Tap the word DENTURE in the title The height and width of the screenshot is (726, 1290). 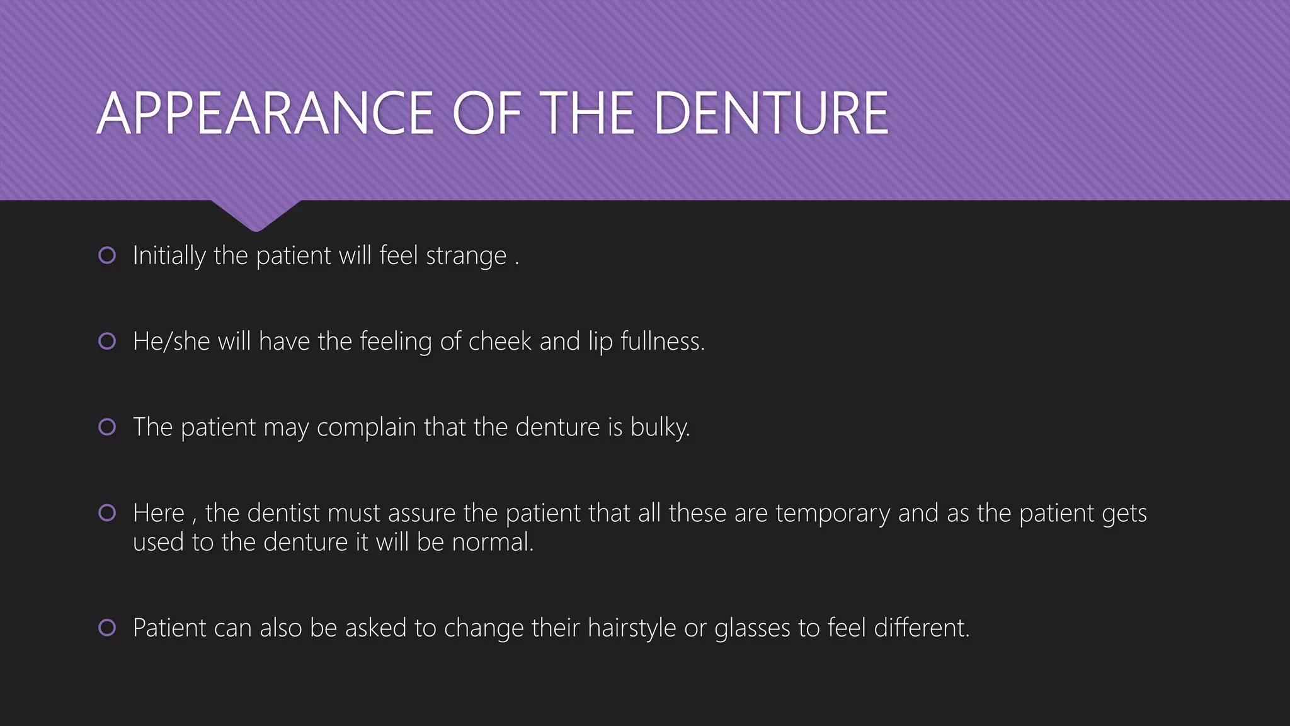tap(771, 113)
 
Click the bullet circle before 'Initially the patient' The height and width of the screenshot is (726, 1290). tap(107, 255)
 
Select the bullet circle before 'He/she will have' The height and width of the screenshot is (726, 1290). tap(107, 341)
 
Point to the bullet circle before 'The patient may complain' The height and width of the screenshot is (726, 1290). tap(107, 427)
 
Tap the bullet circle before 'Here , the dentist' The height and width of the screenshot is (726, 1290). tap(107, 512)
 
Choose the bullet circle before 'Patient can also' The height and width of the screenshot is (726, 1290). tap(107, 627)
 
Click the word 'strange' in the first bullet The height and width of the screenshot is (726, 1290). tap(466, 256)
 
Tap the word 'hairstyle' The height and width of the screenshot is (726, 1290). tap(632, 628)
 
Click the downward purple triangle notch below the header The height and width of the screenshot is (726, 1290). tap(256, 214)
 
